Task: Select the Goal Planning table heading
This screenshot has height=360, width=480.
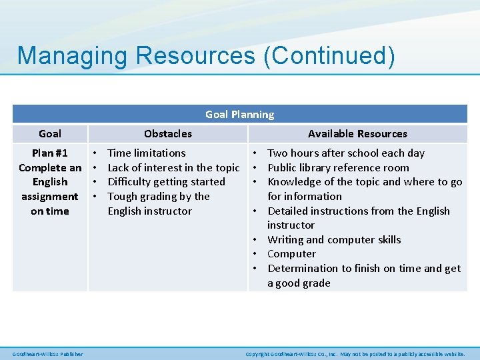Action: (239, 115)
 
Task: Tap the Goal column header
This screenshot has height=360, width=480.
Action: (50, 133)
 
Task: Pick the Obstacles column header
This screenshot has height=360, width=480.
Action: (167, 133)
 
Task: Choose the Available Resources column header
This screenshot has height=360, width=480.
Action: (357, 133)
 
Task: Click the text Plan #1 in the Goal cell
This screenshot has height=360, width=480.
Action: (50, 153)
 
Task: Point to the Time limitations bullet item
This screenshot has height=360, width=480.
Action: (147, 153)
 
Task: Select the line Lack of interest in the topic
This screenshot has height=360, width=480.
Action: (173, 167)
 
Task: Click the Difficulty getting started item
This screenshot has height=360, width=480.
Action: (166, 182)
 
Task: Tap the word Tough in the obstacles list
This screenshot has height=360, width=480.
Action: (123, 197)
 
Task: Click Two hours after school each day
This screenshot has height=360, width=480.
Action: (345, 153)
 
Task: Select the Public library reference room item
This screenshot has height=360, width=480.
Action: (338, 167)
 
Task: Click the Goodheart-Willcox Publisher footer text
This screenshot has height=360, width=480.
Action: (48, 354)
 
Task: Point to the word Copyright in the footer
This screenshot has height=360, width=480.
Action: (258, 354)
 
